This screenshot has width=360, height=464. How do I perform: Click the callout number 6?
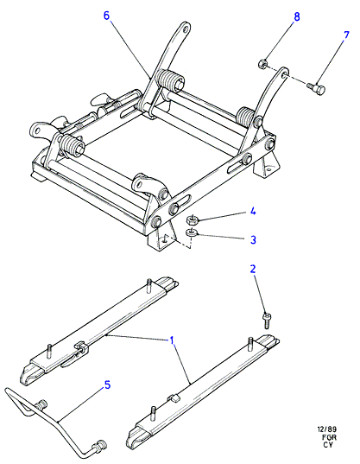click(106, 16)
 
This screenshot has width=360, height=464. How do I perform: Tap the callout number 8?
click(297, 17)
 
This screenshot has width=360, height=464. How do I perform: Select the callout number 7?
click(346, 35)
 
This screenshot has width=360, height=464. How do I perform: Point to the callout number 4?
click(253, 212)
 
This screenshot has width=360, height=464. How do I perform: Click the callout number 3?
click(253, 239)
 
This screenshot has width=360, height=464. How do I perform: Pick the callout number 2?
click(253, 269)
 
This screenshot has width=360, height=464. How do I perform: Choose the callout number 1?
click(172, 340)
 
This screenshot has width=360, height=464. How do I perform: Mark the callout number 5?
click(107, 385)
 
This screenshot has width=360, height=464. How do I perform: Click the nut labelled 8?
click(262, 64)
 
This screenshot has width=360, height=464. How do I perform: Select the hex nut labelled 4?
click(192, 220)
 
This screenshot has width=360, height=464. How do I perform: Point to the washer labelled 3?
click(192, 232)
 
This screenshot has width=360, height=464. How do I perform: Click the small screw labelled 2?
click(267, 321)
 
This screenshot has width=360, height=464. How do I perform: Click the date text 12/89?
click(327, 429)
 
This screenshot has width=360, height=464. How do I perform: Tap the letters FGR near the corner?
click(330, 437)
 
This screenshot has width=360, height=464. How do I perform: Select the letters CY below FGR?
click(328, 445)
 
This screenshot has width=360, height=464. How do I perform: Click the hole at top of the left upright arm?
click(186, 29)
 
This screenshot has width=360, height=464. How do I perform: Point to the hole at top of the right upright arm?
click(284, 73)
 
